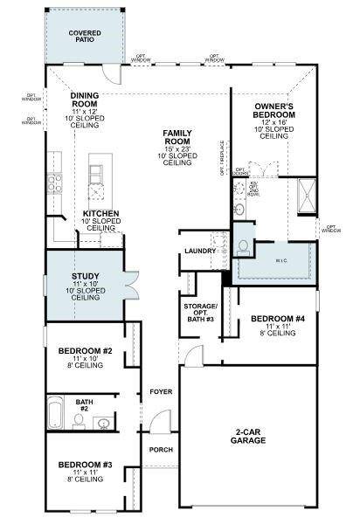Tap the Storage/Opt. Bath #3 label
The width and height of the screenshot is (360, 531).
(x=199, y=314)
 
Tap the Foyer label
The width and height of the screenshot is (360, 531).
(x=160, y=391)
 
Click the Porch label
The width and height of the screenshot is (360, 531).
(x=160, y=450)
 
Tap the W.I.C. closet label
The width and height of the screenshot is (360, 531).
(x=281, y=259)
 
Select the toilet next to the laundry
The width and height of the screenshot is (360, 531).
(x=241, y=247)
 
